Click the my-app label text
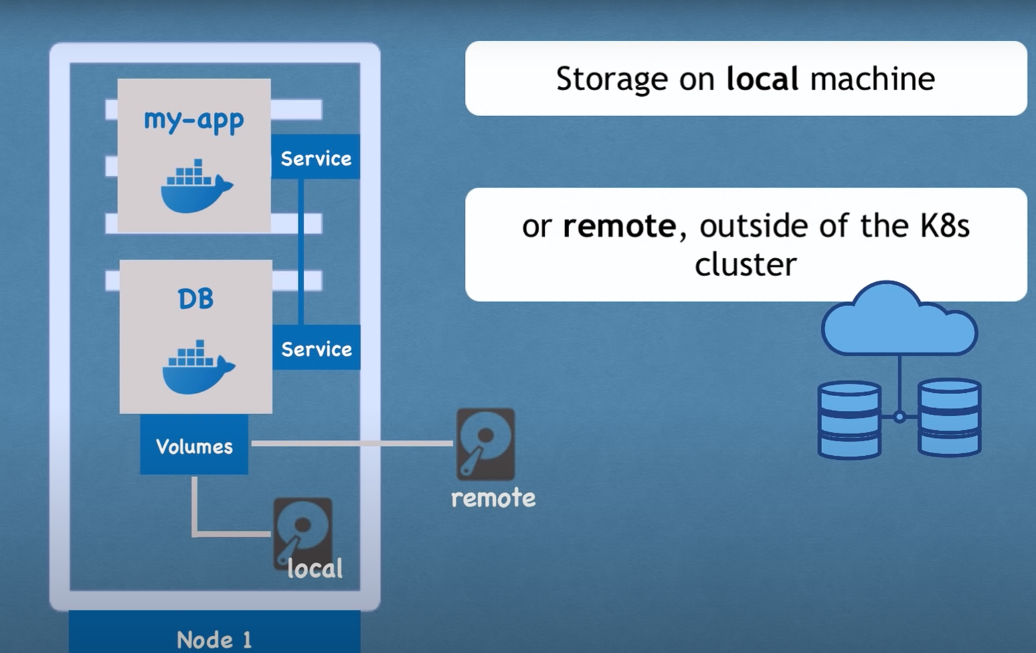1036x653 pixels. pyautogui.click(x=194, y=120)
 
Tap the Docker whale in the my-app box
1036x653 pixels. pyautogui.click(x=195, y=186)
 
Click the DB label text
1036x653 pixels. pyautogui.click(x=196, y=299)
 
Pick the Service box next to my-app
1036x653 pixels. pyautogui.click(x=315, y=157)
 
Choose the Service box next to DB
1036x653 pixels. pyautogui.click(x=316, y=348)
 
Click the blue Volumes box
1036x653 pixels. pyautogui.click(x=194, y=445)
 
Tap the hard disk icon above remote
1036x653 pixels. pyautogui.click(x=485, y=444)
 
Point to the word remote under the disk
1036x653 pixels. pyautogui.click(x=493, y=498)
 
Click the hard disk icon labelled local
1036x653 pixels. pyautogui.click(x=302, y=531)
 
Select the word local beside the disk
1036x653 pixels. pyautogui.click(x=315, y=568)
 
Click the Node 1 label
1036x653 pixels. pyautogui.click(x=214, y=639)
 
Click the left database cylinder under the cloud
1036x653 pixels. pyautogui.click(x=849, y=419)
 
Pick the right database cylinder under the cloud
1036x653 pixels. pyautogui.click(x=950, y=417)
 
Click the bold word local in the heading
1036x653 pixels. pyautogui.click(x=762, y=79)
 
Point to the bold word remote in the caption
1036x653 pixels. pyautogui.click(x=619, y=226)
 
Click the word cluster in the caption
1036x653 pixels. pyautogui.click(x=745, y=264)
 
